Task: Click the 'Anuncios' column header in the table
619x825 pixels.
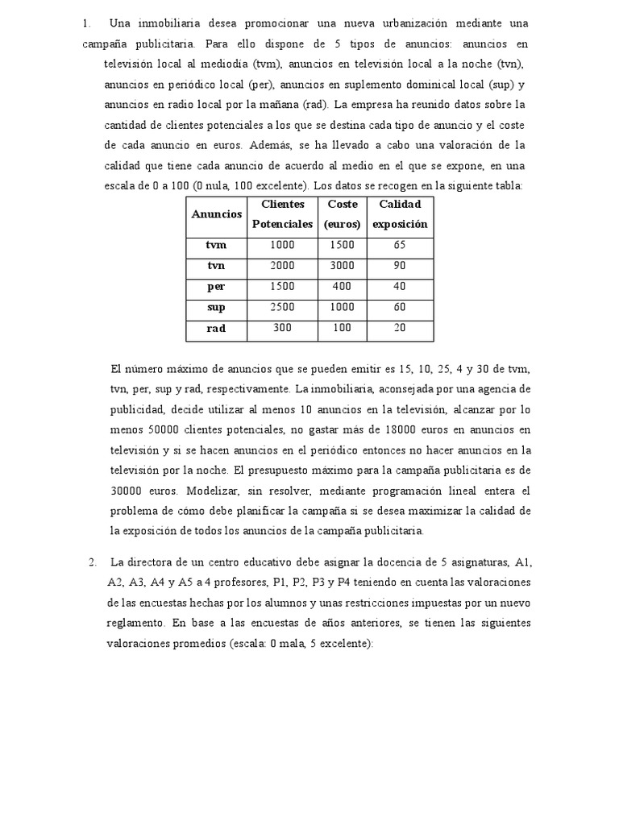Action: (216, 214)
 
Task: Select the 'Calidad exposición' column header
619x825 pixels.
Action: (400, 214)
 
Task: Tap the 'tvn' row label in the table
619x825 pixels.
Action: (216, 265)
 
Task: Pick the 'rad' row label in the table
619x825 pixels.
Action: (216, 328)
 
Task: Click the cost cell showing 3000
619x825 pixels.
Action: (343, 265)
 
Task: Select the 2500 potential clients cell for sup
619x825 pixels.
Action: (282, 307)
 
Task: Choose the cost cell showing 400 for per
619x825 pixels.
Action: (343, 286)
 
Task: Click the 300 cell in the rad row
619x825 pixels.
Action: (282, 328)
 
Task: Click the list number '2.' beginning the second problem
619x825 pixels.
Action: (93, 562)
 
